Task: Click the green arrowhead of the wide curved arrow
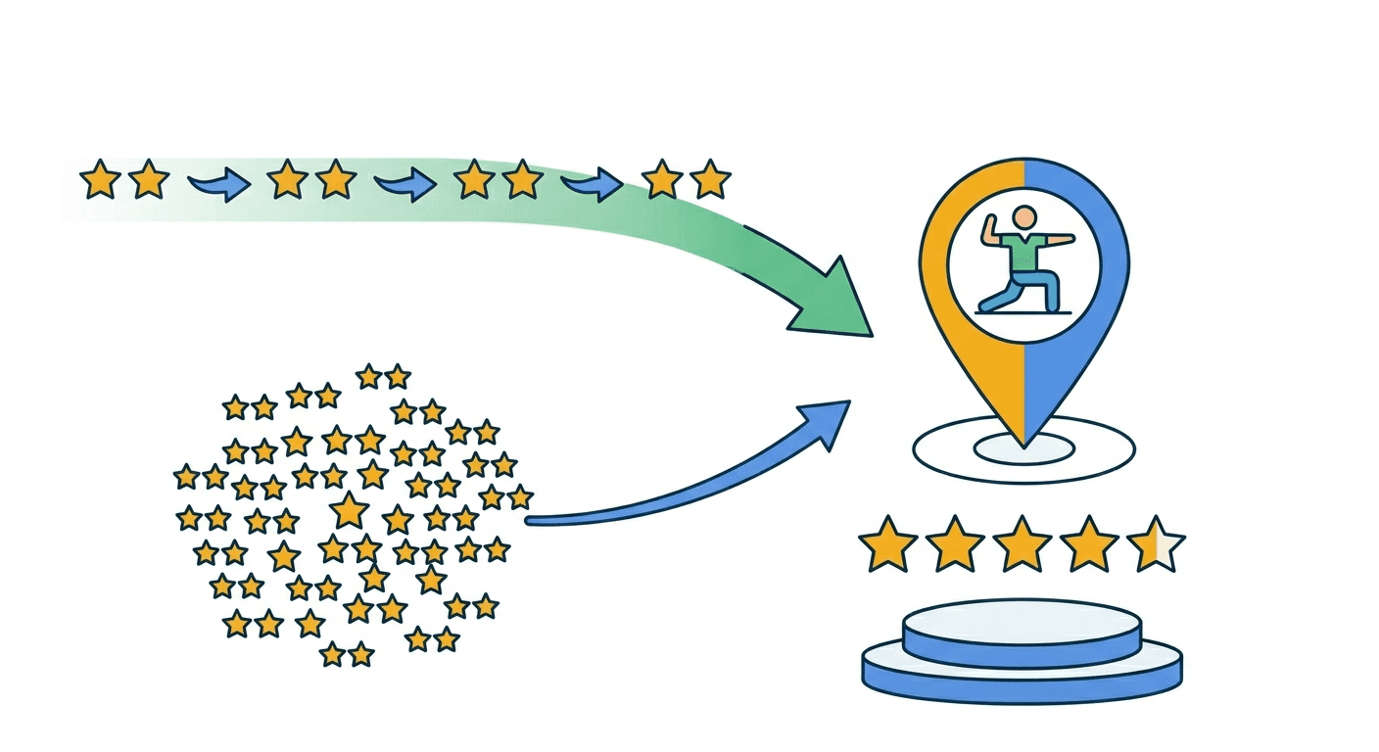(832, 300)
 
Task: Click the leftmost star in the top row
(99, 181)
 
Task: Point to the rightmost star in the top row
(710, 180)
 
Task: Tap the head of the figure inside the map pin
(1023, 217)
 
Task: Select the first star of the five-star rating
(887, 544)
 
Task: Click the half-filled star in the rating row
(1156, 544)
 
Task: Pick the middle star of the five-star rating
(1022, 544)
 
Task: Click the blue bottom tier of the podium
(1022, 681)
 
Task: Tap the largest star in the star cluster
(349, 510)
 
